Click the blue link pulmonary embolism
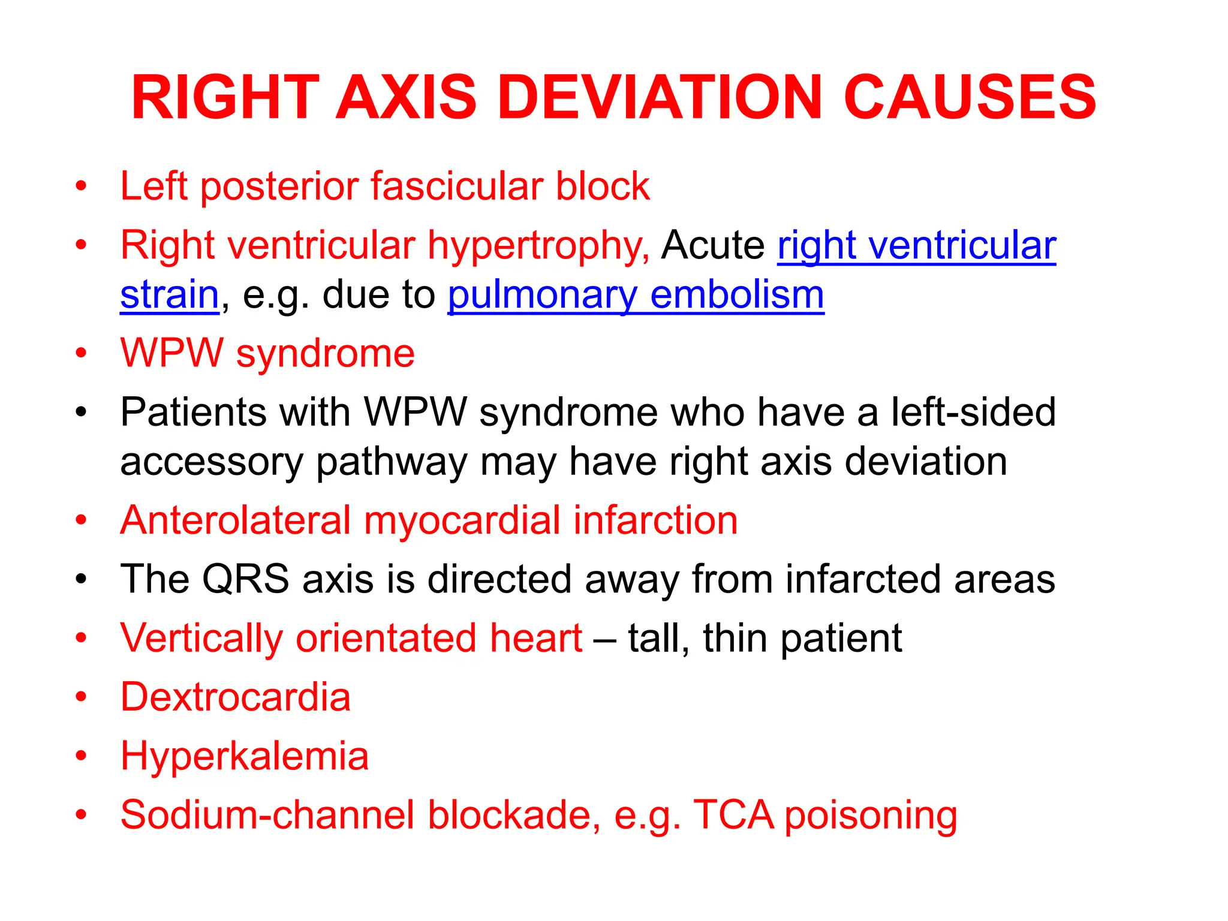636,295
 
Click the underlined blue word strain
170,295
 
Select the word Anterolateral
235,520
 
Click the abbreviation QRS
246,579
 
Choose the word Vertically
201,638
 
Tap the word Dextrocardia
235,697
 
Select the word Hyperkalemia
245,757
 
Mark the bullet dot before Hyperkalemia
82,756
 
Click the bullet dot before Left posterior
82,186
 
